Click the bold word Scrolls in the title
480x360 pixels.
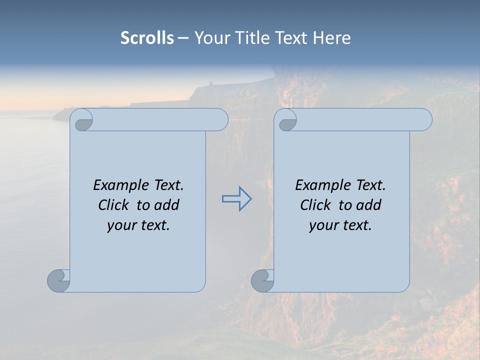pyautogui.click(x=147, y=38)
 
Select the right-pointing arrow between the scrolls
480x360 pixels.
pyautogui.click(x=236, y=199)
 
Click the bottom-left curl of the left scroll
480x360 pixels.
pyautogui.click(x=58, y=280)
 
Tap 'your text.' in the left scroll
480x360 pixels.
pyautogui.click(x=138, y=225)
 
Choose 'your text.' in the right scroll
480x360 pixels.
pyautogui.click(x=340, y=225)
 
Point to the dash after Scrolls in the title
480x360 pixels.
pyautogui.click(x=183, y=38)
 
